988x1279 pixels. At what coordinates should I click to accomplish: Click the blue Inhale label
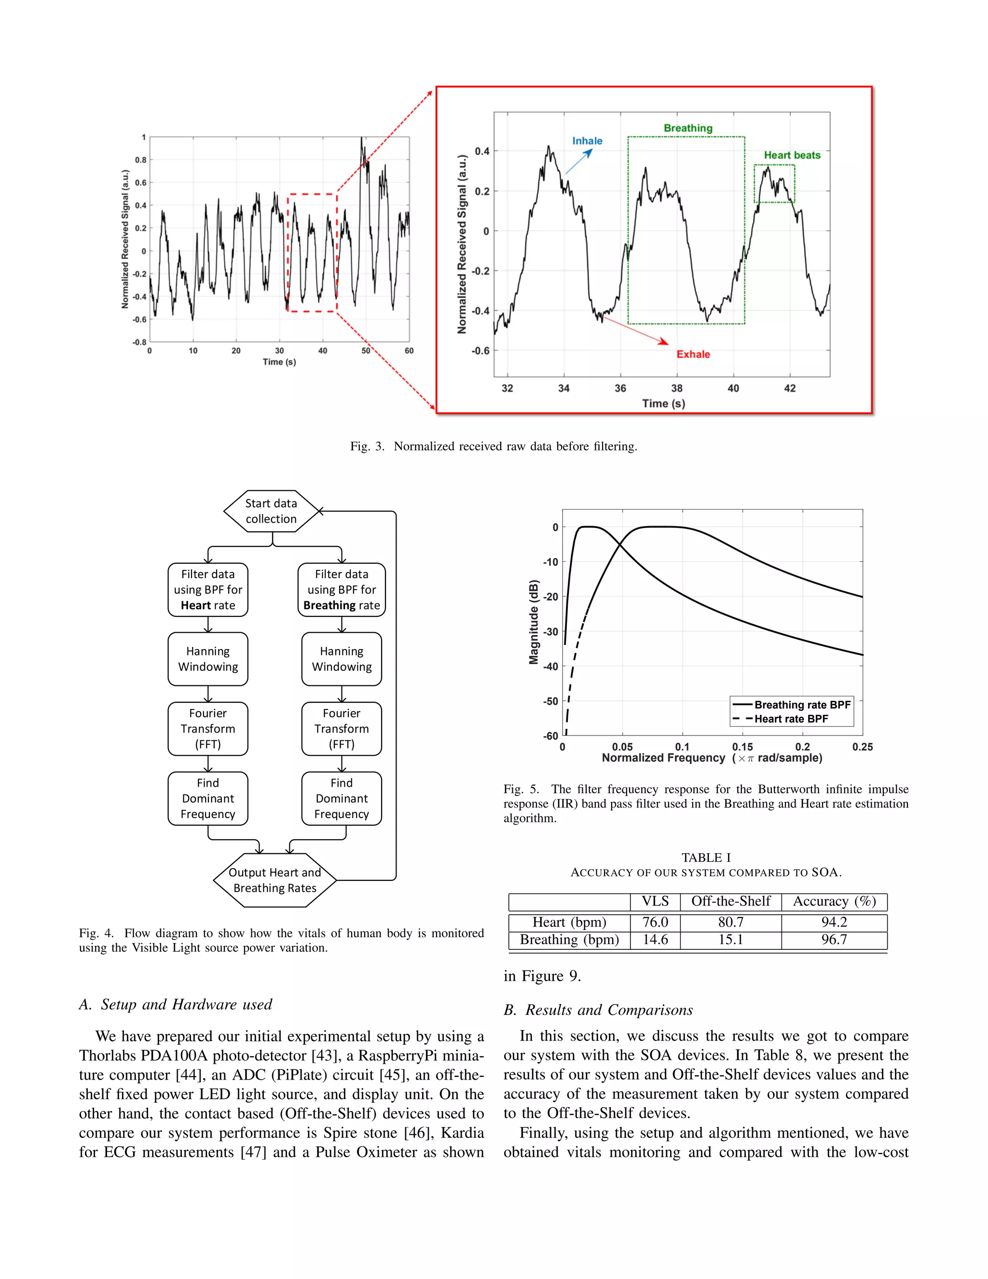(x=587, y=140)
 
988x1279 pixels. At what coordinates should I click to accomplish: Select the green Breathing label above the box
(x=688, y=128)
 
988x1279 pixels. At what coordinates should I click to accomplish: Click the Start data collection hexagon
(x=271, y=511)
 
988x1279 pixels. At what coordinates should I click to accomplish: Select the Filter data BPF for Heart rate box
(x=208, y=590)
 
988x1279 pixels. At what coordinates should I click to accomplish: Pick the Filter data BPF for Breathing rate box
(x=341, y=590)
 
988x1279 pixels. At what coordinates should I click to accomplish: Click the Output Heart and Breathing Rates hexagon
(x=274, y=880)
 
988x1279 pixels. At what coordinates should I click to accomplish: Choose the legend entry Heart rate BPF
(x=791, y=719)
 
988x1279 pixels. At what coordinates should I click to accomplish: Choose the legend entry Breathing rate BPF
(x=801, y=705)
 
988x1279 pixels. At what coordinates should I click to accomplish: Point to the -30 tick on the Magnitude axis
(x=551, y=631)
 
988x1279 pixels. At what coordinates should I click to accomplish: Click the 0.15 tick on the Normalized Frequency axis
(x=742, y=747)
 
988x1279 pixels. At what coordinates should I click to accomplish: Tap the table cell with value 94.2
(x=834, y=922)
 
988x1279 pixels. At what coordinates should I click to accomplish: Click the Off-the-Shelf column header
(x=730, y=901)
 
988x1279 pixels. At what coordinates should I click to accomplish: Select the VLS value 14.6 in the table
(x=655, y=939)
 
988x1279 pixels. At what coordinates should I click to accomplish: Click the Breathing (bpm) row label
(x=569, y=939)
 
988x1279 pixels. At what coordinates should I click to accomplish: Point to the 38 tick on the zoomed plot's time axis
(x=677, y=388)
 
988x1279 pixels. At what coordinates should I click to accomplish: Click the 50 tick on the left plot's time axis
(x=366, y=351)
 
